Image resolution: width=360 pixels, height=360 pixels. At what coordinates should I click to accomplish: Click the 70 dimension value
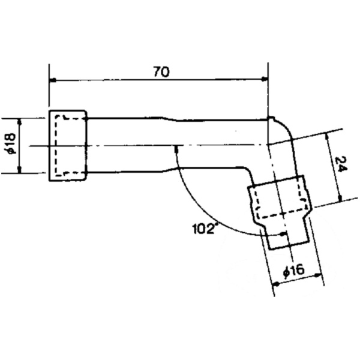tap(161, 71)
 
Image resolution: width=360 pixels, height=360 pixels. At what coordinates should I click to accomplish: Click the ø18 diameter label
tap(10, 146)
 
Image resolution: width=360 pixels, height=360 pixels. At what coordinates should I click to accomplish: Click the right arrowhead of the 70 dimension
tap(263, 80)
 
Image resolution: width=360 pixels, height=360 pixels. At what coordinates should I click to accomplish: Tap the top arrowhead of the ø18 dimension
tap(20, 121)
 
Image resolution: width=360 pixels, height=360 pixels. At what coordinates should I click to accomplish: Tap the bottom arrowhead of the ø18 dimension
tap(20, 170)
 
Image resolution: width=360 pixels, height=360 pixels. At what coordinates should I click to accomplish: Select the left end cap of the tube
tap(67, 145)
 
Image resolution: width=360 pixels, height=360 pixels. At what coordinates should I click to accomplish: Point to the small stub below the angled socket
tap(287, 237)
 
